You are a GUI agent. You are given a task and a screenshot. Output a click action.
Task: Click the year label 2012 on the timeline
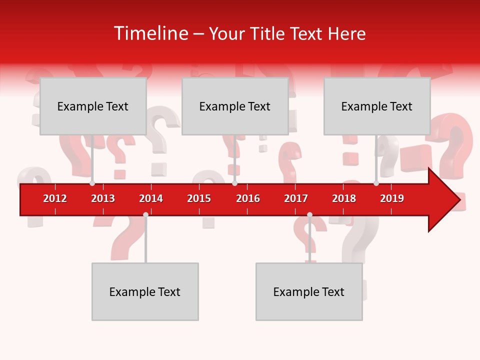click(55, 198)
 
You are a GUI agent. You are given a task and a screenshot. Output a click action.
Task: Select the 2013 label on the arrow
click(103, 198)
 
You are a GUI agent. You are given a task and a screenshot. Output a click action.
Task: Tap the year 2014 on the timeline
click(151, 198)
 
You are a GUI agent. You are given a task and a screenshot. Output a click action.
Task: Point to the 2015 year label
click(199, 198)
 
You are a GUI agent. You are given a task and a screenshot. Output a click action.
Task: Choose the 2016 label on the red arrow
click(248, 198)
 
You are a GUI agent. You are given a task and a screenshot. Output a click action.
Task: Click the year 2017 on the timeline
click(296, 198)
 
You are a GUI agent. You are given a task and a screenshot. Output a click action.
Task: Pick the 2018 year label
click(344, 198)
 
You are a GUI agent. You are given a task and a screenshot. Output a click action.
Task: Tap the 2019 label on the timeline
click(392, 198)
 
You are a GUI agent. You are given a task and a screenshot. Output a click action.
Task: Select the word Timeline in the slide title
click(150, 33)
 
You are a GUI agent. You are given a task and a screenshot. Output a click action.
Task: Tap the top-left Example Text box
click(93, 106)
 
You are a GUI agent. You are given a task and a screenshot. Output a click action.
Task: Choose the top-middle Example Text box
click(235, 106)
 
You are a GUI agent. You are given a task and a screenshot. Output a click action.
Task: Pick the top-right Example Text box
click(377, 106)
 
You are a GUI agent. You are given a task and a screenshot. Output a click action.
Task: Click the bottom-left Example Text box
click(145, 291)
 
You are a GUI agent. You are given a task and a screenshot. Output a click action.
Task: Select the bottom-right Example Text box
click(309, 291)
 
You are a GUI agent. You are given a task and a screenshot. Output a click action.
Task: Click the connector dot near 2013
click(92, 183)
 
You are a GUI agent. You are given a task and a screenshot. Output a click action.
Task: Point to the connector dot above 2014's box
click(145, 214)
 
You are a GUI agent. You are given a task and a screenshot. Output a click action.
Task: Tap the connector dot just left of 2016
click(234, 183)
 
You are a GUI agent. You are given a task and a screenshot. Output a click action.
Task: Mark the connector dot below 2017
click(309, 214)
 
